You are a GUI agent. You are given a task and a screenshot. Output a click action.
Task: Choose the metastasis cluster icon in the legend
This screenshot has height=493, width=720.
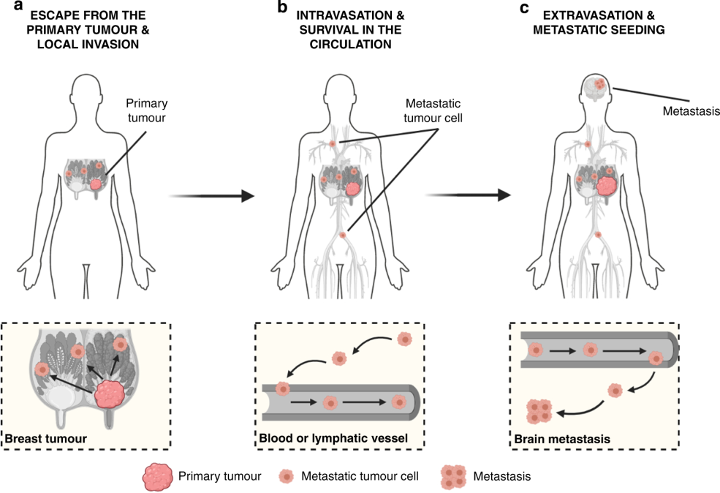pyautogui.click(x=453, y=477)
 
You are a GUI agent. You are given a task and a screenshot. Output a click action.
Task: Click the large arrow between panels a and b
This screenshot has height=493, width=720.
pyautogui.click(x=211, y=196)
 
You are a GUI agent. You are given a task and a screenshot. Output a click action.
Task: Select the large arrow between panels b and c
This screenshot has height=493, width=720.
pyautogui.click(x=467, y=195)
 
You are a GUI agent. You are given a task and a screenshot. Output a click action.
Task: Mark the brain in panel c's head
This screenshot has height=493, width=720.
pyautogui.click(x=597, y=86)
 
